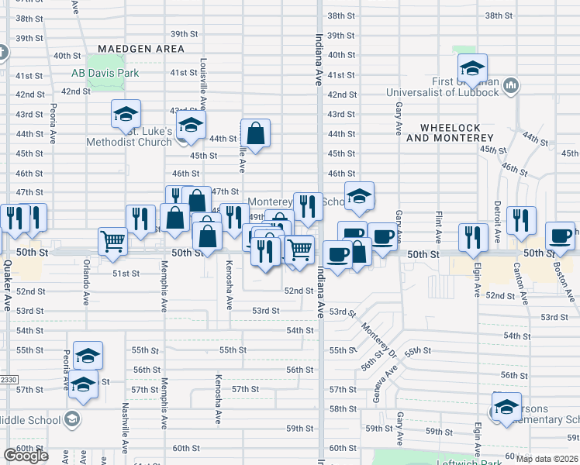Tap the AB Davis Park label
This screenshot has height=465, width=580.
coord(105,74)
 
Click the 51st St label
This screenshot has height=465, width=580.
coord(126,274)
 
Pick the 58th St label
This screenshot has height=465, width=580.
coord(342,409)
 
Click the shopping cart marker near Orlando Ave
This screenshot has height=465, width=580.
coord(113,241)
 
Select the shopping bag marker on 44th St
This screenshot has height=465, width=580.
coord(255,133)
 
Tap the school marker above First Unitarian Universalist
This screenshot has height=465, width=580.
coord(471,68)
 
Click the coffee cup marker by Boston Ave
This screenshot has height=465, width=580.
coord(560,236)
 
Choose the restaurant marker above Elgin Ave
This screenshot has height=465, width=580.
coord(471,238)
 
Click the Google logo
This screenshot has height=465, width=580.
coord(26,456)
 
